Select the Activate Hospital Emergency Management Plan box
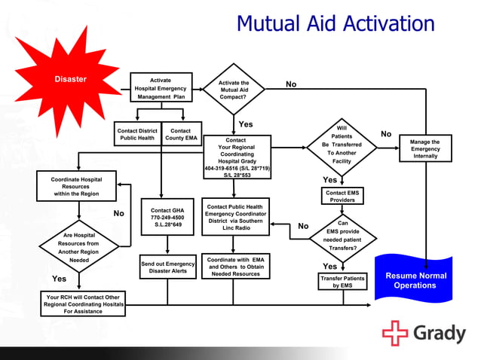[x=161, y=88]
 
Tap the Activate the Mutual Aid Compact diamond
[x=234, y=90]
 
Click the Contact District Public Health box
[x=137, y=134]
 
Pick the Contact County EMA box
[x=181, y=134]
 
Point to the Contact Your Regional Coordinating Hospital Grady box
[x=236, y=157]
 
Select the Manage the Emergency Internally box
[x=425, y=148]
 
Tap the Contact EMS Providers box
[x=342, y=197]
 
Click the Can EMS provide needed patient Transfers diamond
[x=343, y=234]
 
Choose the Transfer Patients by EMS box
[x=342, y=282]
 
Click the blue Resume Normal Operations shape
[x=415, y=278]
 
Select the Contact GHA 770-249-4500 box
[x=167, y=217]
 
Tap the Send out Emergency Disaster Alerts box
[x=167, y=267]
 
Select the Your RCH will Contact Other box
[x=83, y=303]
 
